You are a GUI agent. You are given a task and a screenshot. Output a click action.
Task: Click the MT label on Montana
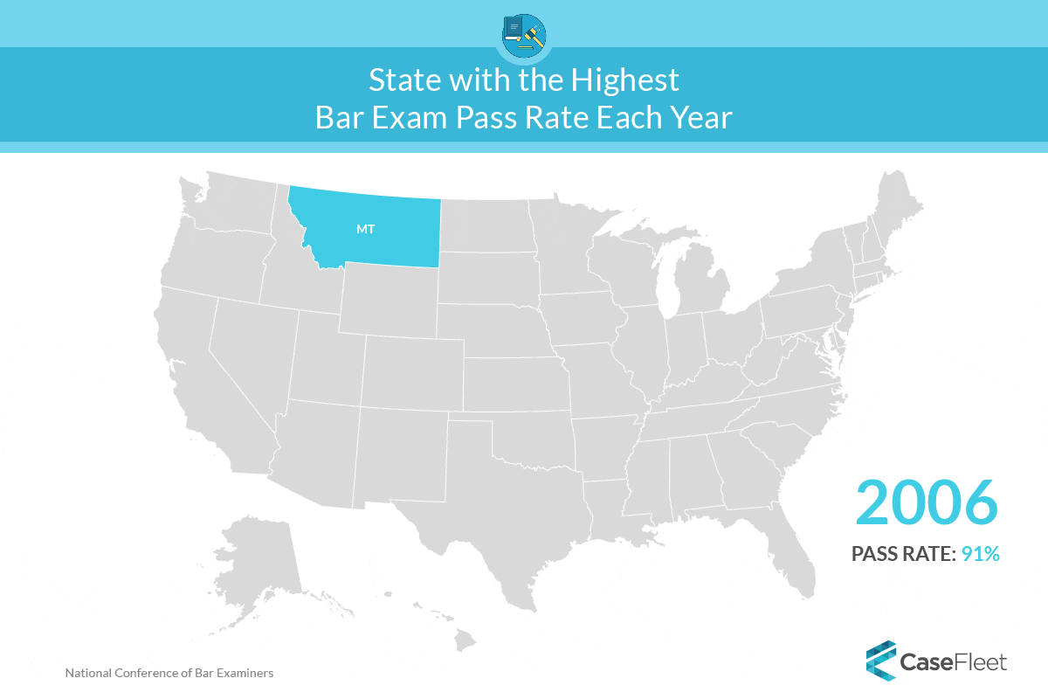(x=365, y=230)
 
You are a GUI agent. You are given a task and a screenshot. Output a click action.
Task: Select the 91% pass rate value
(x=980, y=553)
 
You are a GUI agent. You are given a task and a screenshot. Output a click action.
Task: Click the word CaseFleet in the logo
(x=954, y=661)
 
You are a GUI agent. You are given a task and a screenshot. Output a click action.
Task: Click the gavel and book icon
(x=524, y=36)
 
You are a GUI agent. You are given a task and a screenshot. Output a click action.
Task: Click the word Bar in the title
(x=340, y=117)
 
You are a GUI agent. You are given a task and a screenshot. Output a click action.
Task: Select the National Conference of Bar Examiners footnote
(x=169, y=674)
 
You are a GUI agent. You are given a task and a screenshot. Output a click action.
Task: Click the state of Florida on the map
(x=790, y=542)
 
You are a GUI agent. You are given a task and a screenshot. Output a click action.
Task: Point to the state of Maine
(x=900, y=210)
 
